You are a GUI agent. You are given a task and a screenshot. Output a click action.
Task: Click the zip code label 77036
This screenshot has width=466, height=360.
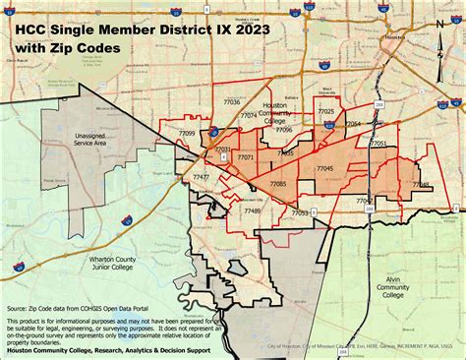[232, 102]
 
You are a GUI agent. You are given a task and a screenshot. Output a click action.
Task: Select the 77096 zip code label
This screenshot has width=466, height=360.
[283, 129]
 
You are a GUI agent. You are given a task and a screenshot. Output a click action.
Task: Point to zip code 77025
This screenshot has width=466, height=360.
[324, 113]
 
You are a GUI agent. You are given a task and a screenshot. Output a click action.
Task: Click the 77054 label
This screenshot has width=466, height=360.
[352, 124]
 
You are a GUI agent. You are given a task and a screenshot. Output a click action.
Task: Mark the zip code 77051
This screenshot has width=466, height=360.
[379, 144]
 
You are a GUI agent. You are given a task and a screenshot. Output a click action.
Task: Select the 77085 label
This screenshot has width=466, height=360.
[277, 183]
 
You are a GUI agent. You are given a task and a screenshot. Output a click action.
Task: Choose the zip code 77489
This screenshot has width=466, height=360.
[252, 210]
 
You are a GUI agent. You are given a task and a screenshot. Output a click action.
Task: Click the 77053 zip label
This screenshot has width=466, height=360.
[300, 212]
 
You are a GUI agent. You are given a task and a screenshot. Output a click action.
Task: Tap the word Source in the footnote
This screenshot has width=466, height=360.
[18, 308]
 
